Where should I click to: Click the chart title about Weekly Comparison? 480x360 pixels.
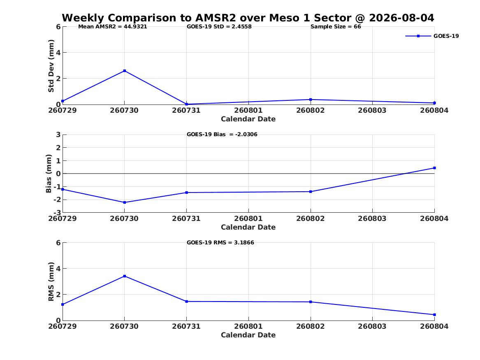coord(248,18)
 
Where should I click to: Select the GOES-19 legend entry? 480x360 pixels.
coord(432,36)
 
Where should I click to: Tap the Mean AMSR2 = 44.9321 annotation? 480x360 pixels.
coord(113,27)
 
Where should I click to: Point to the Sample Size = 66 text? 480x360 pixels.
coord(336,27)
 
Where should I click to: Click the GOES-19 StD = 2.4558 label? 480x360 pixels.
coord(219,27)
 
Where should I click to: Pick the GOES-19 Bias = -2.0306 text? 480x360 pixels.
coord(222,135)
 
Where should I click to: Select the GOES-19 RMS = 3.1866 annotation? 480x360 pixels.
coord(220,242)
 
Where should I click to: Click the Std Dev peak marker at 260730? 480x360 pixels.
coord(125,71)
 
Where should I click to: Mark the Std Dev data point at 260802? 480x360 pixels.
coord(311,100)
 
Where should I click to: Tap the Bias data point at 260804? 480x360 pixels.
coord(434,168)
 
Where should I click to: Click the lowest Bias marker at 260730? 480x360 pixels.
coord(125,202)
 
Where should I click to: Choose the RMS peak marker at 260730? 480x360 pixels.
coord(125,276)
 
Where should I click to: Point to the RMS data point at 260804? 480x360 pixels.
coord(434,315)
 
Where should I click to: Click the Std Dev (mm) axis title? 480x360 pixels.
coord(51,66)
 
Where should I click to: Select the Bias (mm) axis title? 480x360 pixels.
coord(49,174)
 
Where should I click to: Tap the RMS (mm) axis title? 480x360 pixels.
coord(51,282)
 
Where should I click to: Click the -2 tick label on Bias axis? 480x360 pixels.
coord(57,200)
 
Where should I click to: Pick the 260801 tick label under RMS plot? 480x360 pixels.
coord(248,326)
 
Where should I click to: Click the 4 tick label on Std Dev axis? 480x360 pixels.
coord(58,53)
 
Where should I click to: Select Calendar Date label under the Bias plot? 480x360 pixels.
coord(248,227)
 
